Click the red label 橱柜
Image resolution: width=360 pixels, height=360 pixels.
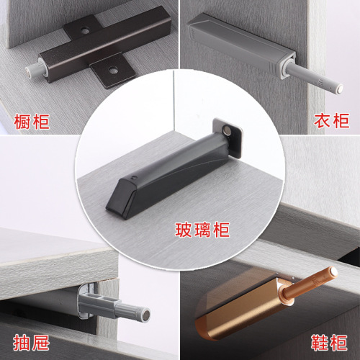click(x=32, y=121)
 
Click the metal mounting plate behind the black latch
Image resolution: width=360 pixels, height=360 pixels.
click(x=229, y=137)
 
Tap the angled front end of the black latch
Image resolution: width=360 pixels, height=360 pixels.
click(x=116, y=201)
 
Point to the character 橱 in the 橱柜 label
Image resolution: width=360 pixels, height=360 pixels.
click(x=22, y=121)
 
